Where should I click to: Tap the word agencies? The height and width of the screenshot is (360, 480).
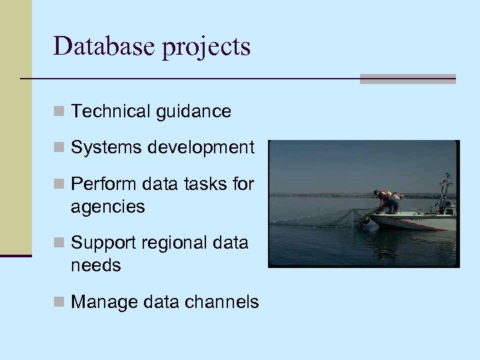click(x=107, y=207)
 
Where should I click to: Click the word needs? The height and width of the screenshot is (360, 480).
click(x=96, y=265)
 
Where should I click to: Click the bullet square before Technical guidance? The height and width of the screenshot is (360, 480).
click(x=59, y=112)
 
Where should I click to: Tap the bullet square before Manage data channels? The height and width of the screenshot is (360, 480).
click(x=59, y=303)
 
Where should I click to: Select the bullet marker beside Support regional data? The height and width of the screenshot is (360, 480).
click(x=59, y=243)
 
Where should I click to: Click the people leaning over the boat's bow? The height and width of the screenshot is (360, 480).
click(x=387, y=199)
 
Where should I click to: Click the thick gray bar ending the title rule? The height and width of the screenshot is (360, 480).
click(x=407, y=79)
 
